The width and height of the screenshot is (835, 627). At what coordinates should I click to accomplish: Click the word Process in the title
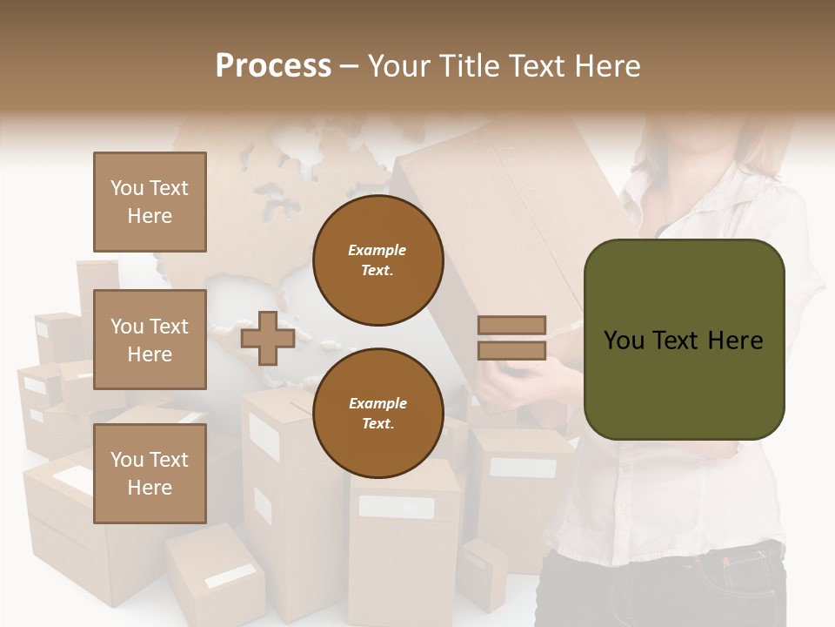coord(273,66)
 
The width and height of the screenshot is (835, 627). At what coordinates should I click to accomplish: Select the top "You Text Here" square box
coord(150,202)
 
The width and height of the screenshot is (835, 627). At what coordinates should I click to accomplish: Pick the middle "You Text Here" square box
coord(150,340)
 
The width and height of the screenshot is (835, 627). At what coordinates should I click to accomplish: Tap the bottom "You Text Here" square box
coord(150,473)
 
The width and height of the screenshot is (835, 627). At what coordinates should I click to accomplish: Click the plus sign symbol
coord(268,338)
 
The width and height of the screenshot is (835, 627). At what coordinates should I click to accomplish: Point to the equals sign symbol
coord(512,338)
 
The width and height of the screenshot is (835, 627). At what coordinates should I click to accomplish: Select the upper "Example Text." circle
coord(377,260)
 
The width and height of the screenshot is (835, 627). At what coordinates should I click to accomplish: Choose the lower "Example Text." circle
coord(377,414)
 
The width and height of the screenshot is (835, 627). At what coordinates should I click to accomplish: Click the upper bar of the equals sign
coord(512,326)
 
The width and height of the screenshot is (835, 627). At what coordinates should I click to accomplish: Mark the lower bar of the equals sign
coord(512,350)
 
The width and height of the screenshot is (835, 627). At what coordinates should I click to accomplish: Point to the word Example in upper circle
coord(377,251)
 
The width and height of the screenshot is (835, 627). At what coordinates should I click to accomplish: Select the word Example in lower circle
coord(377,404)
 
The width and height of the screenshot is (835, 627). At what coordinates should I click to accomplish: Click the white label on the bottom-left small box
coord(230,576)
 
